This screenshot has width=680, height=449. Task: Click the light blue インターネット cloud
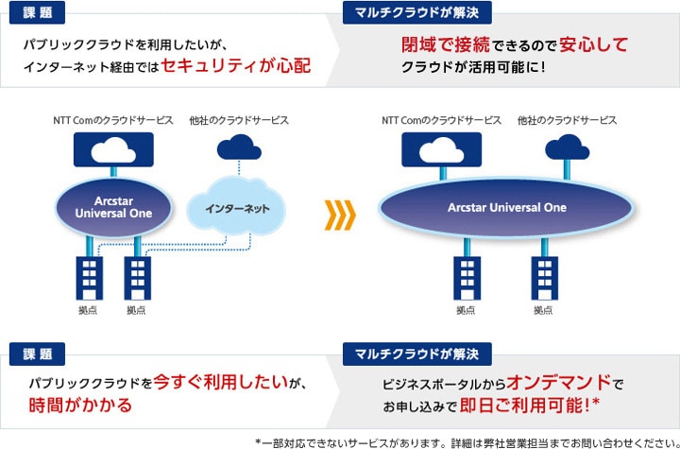236,208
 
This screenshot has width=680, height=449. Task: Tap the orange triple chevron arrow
340,215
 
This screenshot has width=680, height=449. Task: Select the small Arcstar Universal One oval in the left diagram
113,208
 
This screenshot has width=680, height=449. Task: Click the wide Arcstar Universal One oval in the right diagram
506,208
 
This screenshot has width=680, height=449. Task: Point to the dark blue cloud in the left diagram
239,147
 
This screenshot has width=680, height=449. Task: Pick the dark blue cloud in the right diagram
567,147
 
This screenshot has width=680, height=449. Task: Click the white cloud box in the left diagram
113,149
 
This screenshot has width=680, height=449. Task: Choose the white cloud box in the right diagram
441,149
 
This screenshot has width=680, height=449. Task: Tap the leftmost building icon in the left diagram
90,278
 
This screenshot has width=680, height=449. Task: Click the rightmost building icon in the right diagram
545,278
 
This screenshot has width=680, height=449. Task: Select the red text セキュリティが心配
236,65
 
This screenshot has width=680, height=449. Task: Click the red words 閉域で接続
446,44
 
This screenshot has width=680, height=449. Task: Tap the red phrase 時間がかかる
80,406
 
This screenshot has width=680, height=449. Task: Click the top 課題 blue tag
37,12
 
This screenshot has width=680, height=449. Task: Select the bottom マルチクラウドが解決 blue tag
417,354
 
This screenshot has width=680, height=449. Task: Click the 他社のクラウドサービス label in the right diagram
567,120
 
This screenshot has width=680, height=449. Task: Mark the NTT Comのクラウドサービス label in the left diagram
113,120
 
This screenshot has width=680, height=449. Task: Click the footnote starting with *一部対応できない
467,443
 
